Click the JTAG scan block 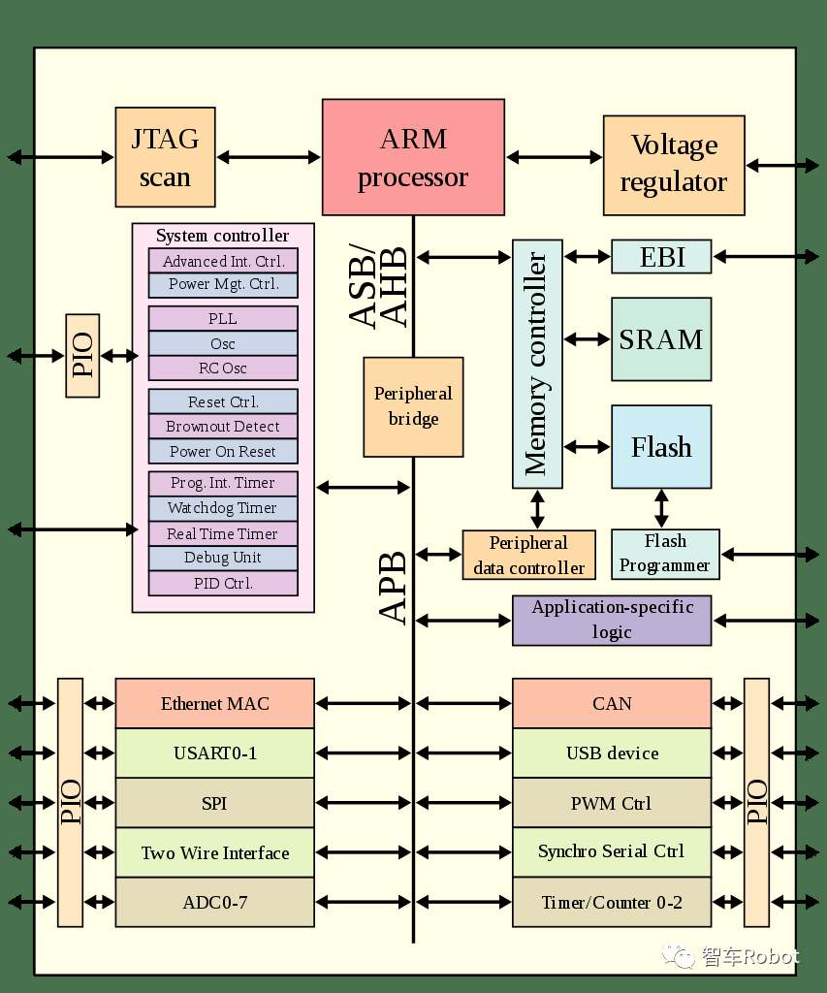tap(165, 157)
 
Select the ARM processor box tap(413, 157)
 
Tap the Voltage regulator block tap(674, 165)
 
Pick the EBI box tap(661, 257)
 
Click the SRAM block tap(661, 339)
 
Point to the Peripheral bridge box tap(413, 407)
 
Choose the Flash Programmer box tap(665, 554)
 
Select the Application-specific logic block tap(612, 621)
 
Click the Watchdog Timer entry tap(223, 508)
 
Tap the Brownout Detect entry tap(223, 427)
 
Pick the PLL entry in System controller tap(223, 319)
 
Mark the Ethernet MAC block tap(215, 704)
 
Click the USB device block tap(612, 753)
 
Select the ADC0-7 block tap(215, 903)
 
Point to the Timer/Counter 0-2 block tap(612, 903)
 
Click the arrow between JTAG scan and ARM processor tap(269, 157)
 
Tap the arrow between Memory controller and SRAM tap(588, 339)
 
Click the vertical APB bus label tap(393, 588)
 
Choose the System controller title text tap(222, 236)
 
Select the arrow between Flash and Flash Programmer tap(661, 508)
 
